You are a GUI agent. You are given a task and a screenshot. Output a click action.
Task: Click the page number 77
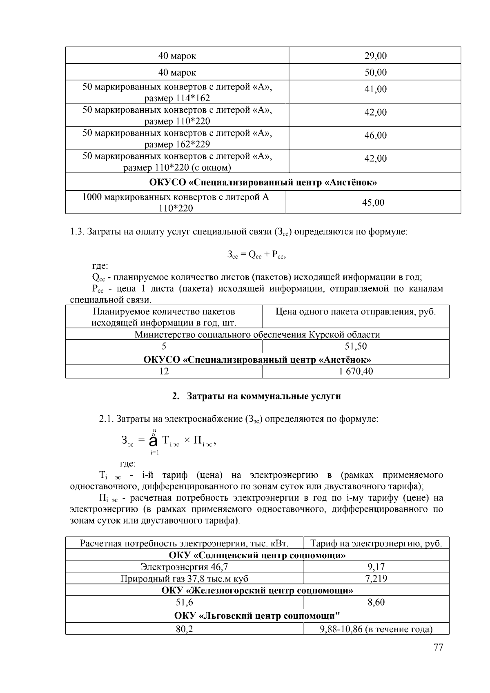click(438, 648)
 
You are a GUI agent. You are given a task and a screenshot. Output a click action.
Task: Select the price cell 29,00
click(375, 56)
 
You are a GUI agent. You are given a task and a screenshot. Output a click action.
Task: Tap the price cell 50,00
click(375, 73)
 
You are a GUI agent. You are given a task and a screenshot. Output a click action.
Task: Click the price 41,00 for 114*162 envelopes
click(375, 89)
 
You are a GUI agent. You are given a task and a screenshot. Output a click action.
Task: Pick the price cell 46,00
click(375, 135)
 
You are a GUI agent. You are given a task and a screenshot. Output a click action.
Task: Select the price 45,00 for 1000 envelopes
click(373, 203)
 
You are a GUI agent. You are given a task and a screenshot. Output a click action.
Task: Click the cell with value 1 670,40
click(356, 371)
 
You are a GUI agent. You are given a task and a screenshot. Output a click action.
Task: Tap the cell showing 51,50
click(356, 346)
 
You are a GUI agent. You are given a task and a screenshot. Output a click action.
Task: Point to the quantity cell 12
click(164, 371)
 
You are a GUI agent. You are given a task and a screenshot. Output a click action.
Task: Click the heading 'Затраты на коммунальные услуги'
click(263, 396)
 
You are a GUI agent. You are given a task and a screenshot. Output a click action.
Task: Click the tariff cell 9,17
click(376, 566)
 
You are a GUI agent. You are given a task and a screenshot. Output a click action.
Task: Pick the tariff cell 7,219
click(376, 578)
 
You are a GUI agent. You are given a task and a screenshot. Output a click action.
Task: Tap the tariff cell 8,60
click(376, 602)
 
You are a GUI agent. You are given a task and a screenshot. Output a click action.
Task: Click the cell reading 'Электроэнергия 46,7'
click(184, 566)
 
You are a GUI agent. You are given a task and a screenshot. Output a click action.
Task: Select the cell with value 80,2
click(184, 629)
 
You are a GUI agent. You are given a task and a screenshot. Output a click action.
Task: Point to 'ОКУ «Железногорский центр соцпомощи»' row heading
click(257, 590)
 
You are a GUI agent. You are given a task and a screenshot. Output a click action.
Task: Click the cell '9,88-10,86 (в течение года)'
click(376, 629)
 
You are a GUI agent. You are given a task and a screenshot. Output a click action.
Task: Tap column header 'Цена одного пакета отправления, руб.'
click(356, 312)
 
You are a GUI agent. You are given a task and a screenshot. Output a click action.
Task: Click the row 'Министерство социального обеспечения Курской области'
click(257, 335)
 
